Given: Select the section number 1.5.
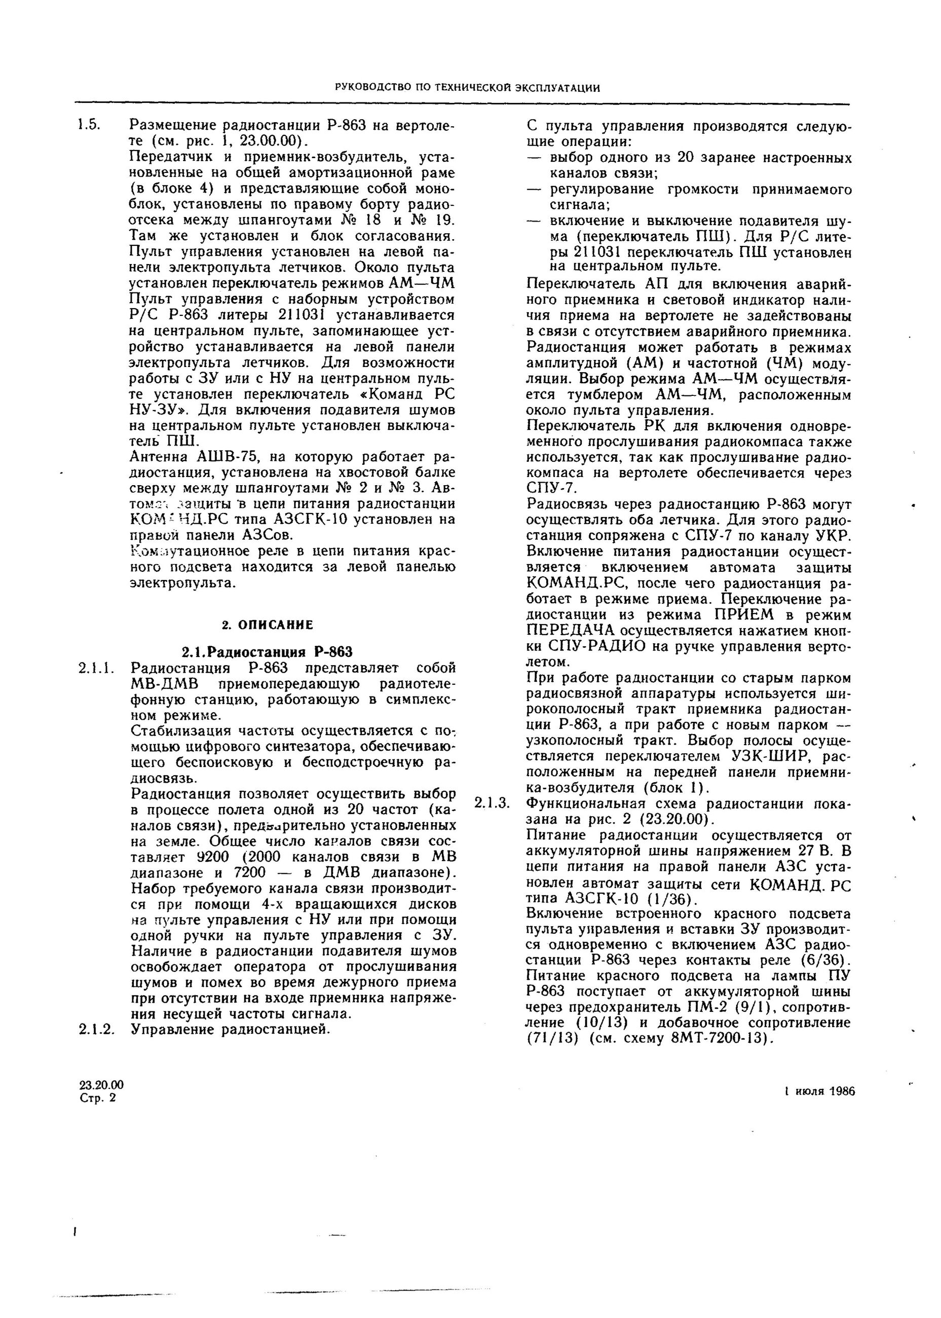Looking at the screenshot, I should (x=90, y=125).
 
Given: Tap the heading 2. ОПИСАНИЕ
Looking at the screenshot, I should (x=267, y=625).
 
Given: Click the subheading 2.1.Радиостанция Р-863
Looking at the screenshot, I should (x=267, y=652).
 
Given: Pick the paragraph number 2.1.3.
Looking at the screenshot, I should (x=492, y=803).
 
